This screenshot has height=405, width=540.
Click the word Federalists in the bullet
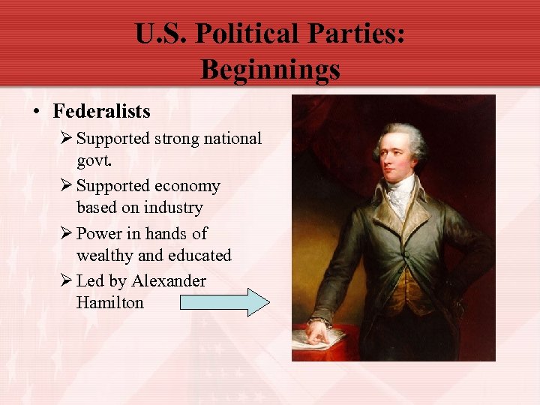(101, 112)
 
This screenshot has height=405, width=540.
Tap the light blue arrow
(224, 302)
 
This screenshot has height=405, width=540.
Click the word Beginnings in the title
(270, 70)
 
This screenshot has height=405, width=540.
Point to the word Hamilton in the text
(109, 303)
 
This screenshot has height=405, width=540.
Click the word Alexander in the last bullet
(169, 281)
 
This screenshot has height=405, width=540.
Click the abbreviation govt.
(94, 160)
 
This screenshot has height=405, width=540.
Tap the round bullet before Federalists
(37, 112)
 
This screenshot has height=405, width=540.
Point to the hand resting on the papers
(319, 332)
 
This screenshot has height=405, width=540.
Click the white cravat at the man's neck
(400, 193)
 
